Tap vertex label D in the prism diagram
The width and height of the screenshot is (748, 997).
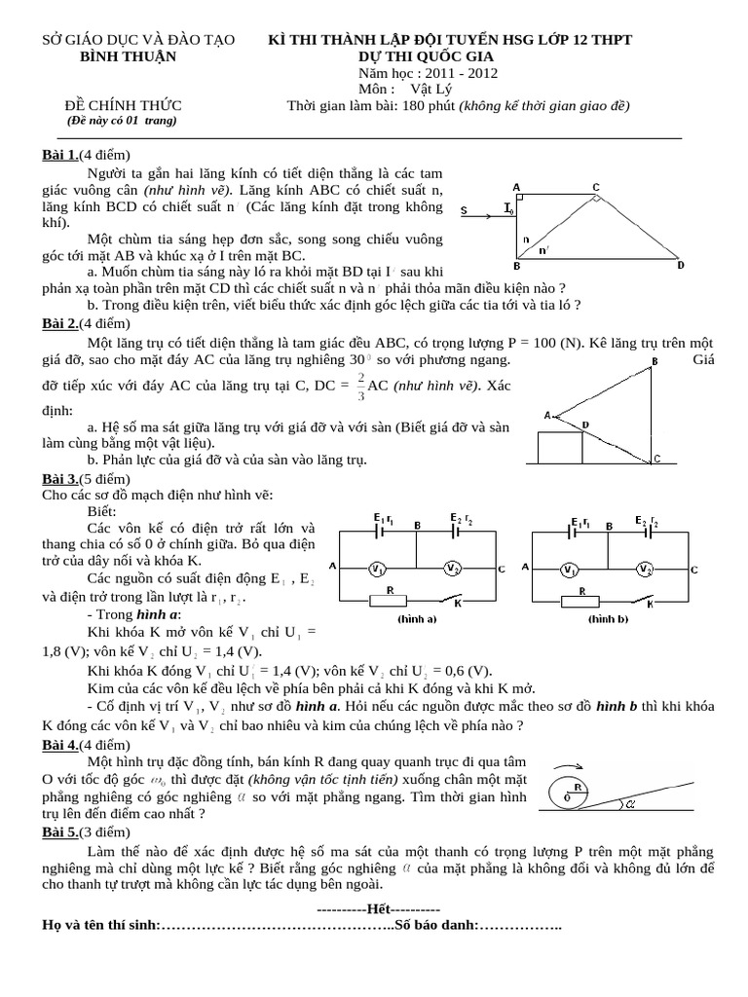click(680, 265)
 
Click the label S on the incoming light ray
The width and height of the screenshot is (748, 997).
click(464, 209)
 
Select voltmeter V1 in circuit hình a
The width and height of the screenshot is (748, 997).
click(382, 569)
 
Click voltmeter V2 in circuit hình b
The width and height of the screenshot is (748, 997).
click(643, 569)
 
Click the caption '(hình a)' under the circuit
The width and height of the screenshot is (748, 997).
click(416, 618)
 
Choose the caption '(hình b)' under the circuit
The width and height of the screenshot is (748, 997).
click(609, 618)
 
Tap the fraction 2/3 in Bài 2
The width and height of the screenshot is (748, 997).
click(361, 385)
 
